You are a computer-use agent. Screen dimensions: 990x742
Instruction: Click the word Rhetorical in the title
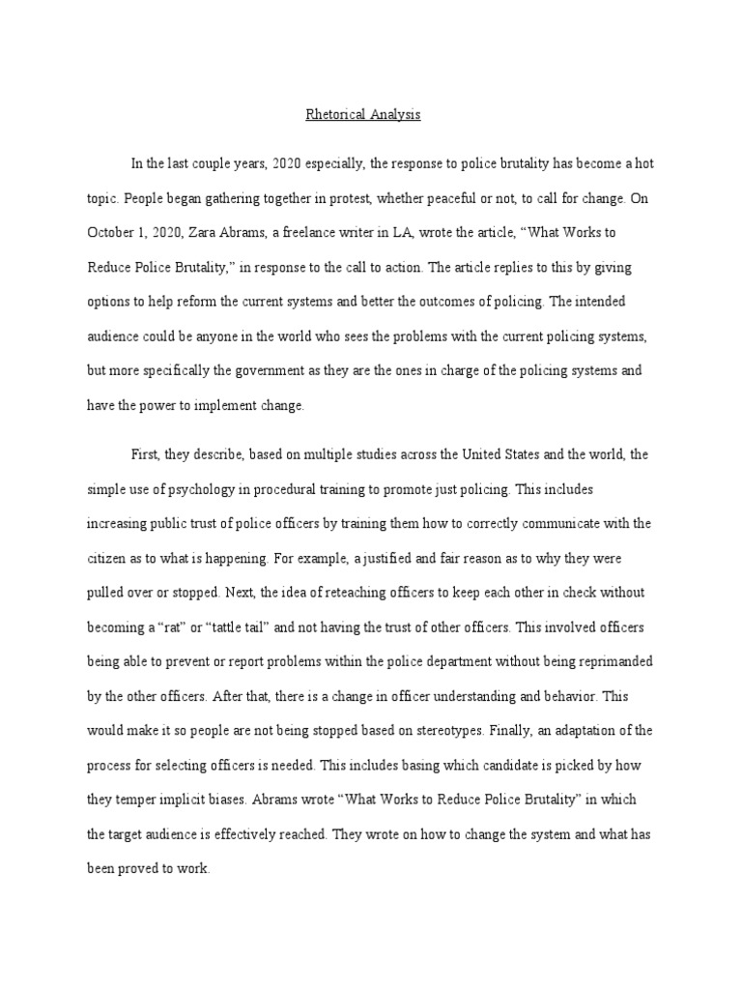334,115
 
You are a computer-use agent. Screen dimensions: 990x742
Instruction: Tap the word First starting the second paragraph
146,454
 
